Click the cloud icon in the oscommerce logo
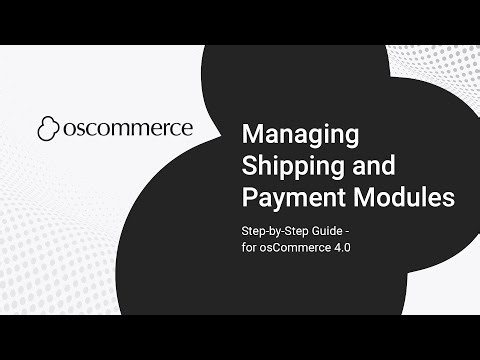point(50,129)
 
